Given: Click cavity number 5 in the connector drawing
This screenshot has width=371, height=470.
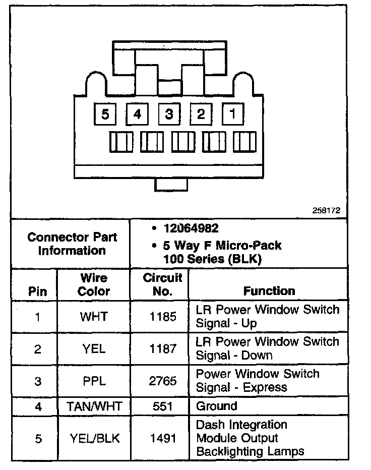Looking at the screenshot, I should click(x=105, y=114).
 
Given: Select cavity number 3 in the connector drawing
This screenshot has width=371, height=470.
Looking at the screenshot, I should click(x=169, y=114).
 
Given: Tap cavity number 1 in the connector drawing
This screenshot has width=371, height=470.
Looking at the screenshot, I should click(x=232, y=113).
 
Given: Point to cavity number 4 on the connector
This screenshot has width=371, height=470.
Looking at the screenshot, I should click(x=137, y=114).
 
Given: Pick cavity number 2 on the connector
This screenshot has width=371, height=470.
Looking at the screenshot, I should click(x=201, y=114).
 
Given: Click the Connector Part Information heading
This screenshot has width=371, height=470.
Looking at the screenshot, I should click(x=72, y=244).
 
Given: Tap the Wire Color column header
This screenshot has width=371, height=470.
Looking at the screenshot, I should click(x=94, y=284).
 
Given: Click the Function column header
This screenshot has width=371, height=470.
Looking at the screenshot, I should click(x=269, y=291).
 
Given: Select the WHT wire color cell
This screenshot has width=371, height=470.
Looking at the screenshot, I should click(x=94, y=317).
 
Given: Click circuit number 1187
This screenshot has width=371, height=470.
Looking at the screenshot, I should click(x=163, y=348).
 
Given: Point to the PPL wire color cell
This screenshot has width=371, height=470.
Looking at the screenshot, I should click(x=94, y=381).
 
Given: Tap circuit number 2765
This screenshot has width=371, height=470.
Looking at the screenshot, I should click(x=163, y=381).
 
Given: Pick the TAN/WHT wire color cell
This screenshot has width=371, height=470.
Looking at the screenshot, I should click(x=94, y=406).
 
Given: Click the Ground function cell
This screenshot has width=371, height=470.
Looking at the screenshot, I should click(x=216, y=406).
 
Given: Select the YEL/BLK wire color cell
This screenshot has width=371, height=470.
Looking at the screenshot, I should click(x=94, y=438).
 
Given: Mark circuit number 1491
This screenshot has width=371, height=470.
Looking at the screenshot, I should click(x=163, y=438).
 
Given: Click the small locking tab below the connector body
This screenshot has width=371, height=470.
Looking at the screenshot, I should click(x=171, y=185).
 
